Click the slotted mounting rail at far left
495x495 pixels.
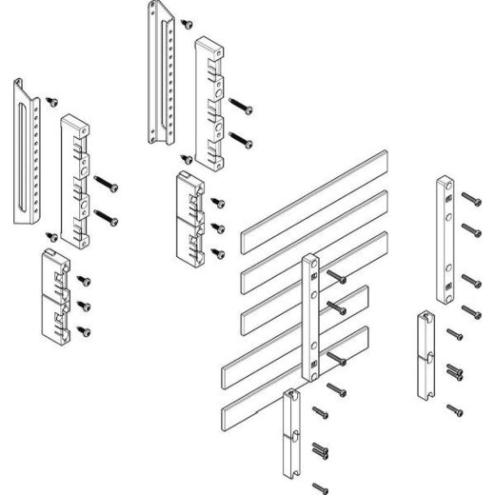click(26, 152)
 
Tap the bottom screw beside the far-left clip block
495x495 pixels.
click(85, 330)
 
